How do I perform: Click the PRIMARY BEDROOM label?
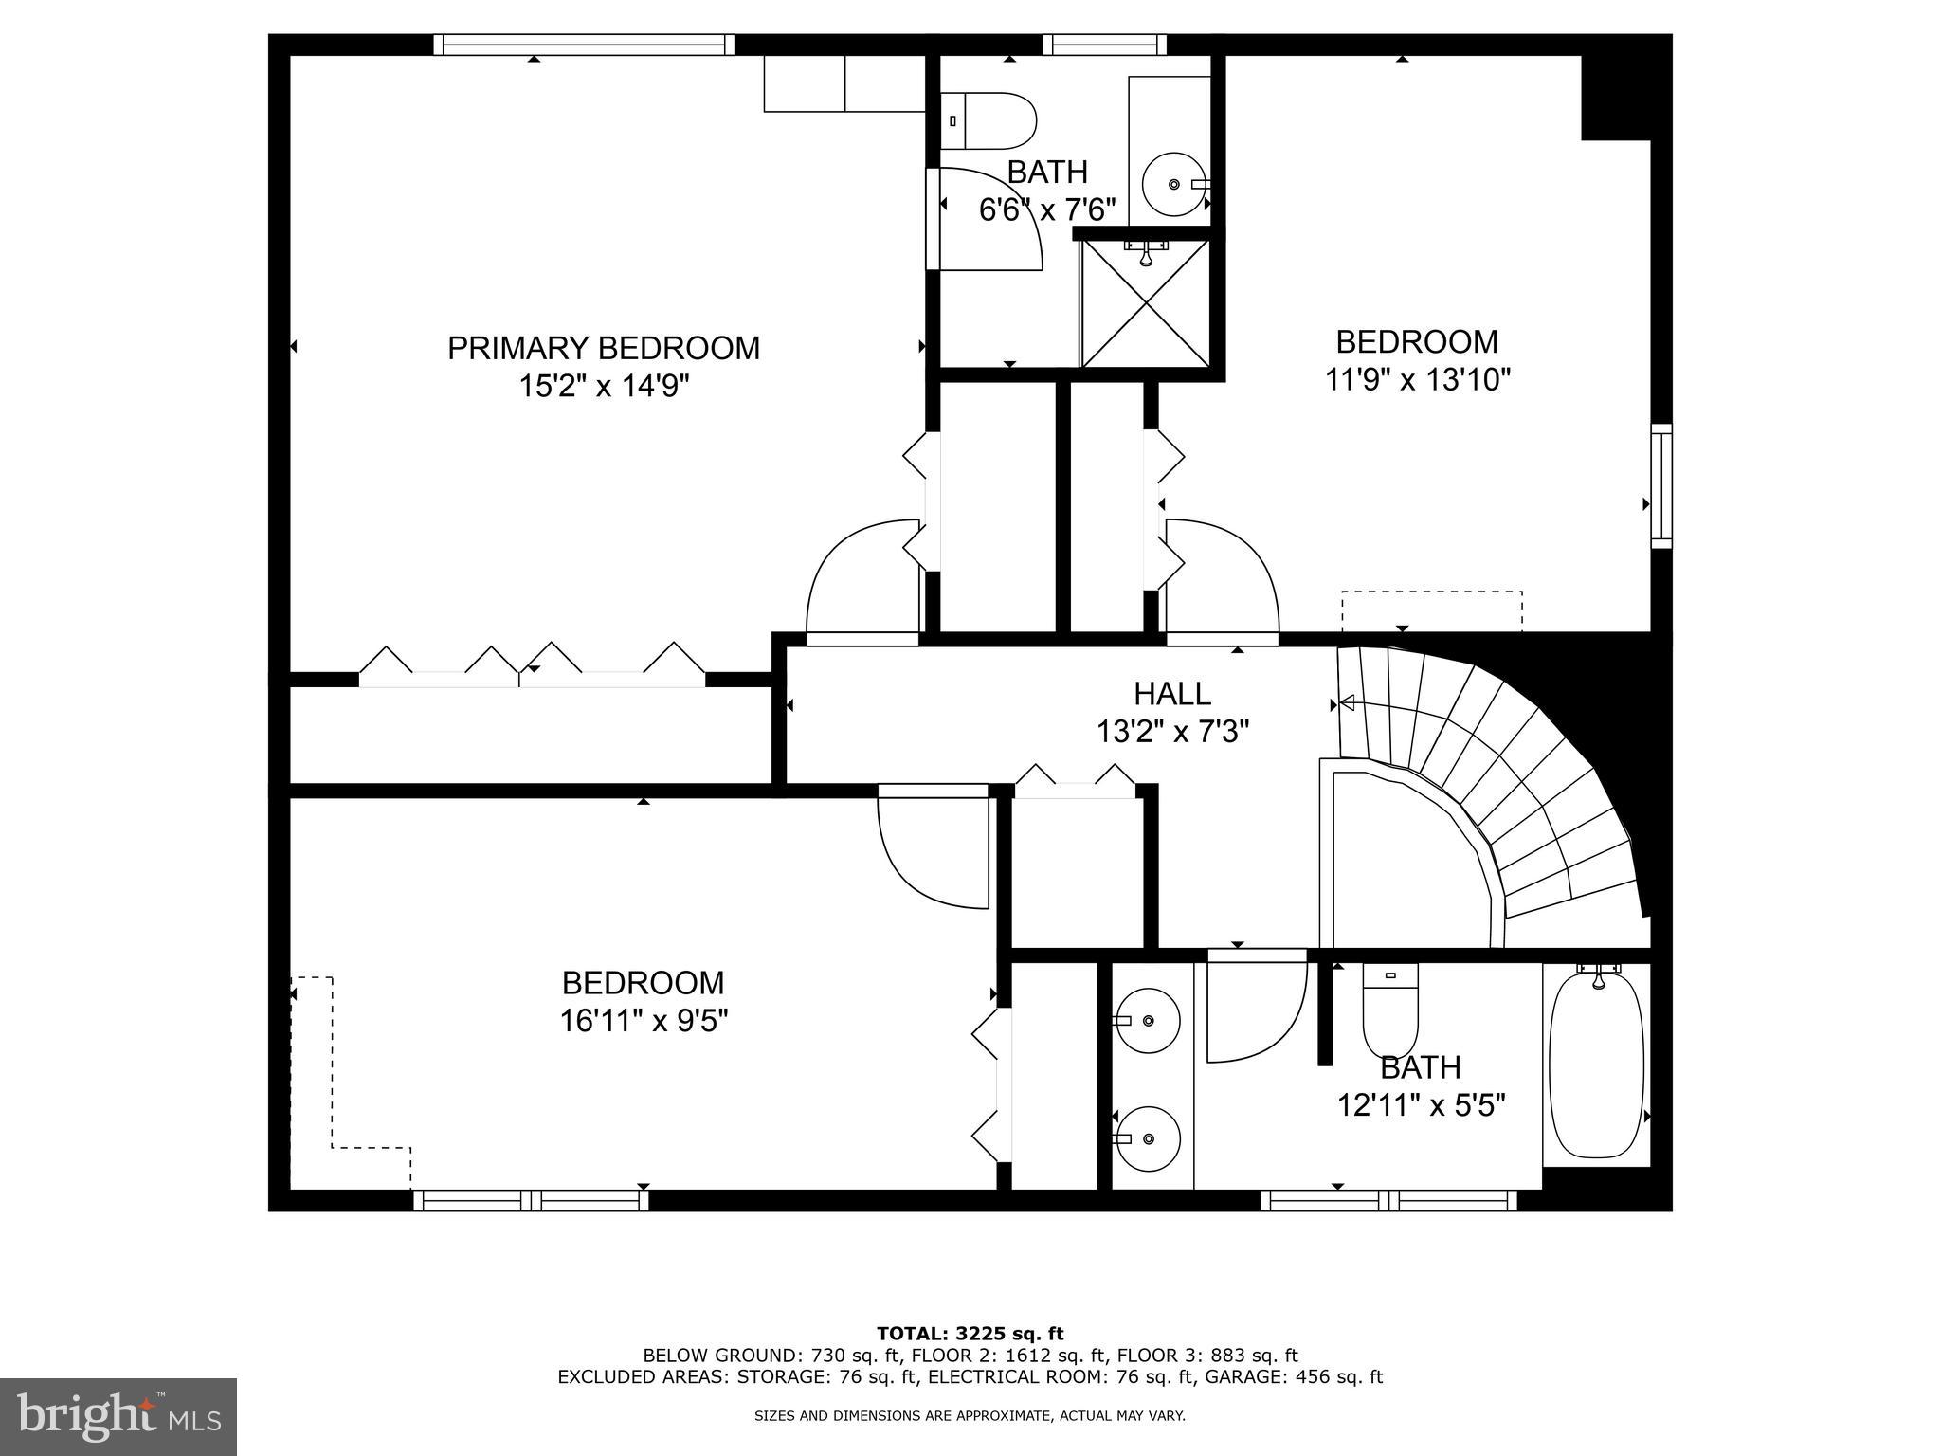[x=603, y=349]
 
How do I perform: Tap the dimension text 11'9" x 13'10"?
[x=1416, y=380]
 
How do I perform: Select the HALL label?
[x=1172, y=694]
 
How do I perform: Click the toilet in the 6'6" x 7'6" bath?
[x=990, y=120]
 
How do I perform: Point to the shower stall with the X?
[x=1146, y=303]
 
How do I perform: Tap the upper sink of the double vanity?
[x=1148, y=1021]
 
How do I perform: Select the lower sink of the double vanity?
[x=1148, y=1138]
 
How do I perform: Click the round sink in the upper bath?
[x=1173, y=184]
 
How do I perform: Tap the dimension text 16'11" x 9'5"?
[x=644, y=1021]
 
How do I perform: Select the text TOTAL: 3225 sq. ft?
[x=970, y=1335]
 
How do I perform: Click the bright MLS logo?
[x=118, y=1416]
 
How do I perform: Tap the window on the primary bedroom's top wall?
[x=585, y=45]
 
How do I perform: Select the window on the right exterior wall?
[x=1661, y=486]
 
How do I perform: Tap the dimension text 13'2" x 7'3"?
[x=1172, y=732]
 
